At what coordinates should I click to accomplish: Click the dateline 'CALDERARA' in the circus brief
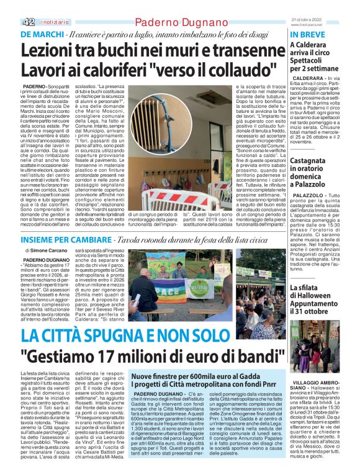308,97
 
